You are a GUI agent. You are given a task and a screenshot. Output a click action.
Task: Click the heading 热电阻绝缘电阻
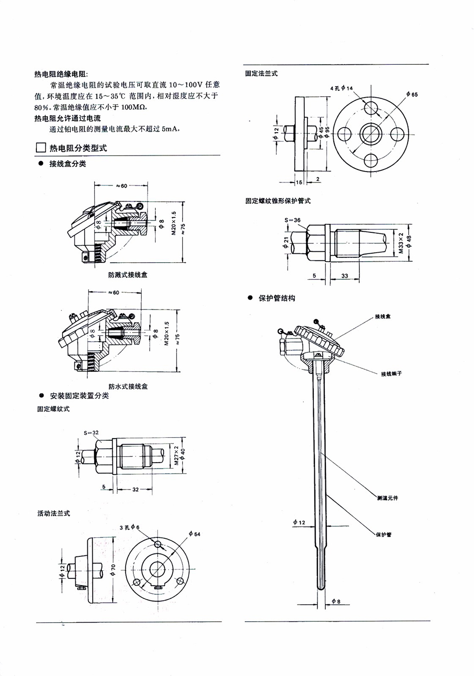click(60, 74)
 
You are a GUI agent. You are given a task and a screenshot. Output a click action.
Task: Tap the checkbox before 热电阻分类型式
click(40, 148)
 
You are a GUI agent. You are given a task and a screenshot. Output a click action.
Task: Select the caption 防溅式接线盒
click(128, 275)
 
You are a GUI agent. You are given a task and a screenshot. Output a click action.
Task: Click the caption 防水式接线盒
click(128, 386)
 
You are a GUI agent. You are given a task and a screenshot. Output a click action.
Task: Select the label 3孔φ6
click(130, 527)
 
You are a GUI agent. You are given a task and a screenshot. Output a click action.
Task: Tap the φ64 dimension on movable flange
click(195, 534)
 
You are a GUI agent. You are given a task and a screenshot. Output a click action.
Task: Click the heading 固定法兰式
click(261, 73)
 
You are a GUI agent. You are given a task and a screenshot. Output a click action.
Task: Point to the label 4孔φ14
click(341, 88)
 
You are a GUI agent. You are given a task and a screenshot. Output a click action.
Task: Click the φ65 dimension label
click(412, 94)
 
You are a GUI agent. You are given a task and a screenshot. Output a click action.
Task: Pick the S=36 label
click(292, 220)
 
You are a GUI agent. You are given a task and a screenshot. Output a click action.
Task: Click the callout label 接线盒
click(383, 317)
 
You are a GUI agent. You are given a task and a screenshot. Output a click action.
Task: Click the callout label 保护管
click(384, 534)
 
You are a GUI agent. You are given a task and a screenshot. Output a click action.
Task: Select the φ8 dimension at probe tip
click(336, 602)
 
